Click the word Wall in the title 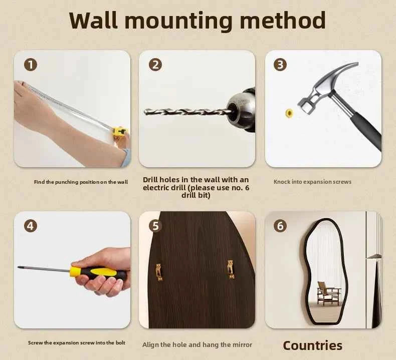93,20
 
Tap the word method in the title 283,20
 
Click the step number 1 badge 31,65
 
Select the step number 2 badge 155,65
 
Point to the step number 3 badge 280,65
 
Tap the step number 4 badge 31,225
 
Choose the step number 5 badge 155,225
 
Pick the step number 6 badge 280,225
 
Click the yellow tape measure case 120,132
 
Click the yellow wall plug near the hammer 289,113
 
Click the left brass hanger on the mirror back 159,272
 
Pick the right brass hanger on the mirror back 231,269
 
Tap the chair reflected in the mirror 328,293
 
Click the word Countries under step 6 312,345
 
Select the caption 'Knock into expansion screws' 312,182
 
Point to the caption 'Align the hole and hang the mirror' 197,345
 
